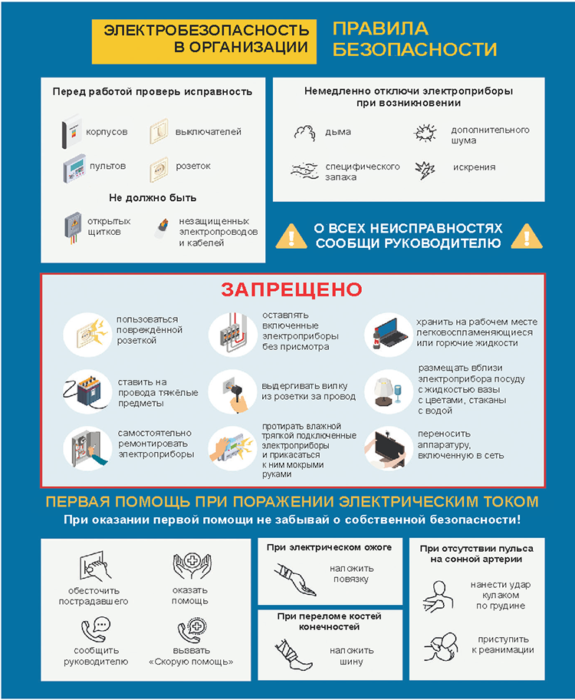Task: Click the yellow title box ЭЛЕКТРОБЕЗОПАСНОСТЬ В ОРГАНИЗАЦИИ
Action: click(206, 38)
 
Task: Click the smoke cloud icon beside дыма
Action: click(305, 132)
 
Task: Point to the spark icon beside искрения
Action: click(424, 168)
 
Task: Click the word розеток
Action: click(193, 166)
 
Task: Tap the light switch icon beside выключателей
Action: click(159, 132)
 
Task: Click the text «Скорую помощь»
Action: click(191, 662)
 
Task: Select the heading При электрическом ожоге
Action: click(329, 548)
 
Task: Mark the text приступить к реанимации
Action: click(503, 645)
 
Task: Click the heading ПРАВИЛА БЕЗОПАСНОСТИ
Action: click(415, 39)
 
